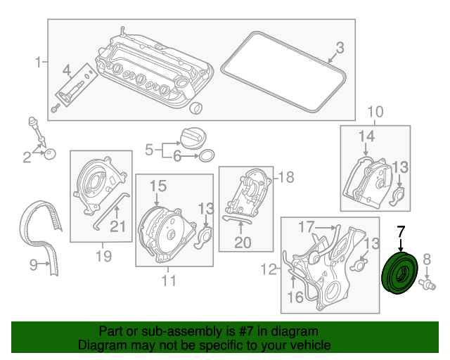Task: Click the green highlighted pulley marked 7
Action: click(399, 273)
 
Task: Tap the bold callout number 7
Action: click(401, 232)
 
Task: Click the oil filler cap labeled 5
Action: click(193, 139)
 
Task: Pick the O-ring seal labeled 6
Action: click(207, 155)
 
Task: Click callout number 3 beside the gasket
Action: click(340, 48)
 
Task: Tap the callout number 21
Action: click(118, 226)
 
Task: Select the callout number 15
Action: click(158, 186)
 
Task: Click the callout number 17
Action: click(307, 227)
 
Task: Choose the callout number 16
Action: click(295, 297)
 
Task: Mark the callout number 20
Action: click(243, 243)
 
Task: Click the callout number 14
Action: click(367, 136)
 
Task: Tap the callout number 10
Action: click(375, 112)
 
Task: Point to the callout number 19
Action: click(103, 256)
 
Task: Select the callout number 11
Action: click(169, 281)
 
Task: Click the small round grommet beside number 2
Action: click(50, 154)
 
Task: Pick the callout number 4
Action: click(67, 70)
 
